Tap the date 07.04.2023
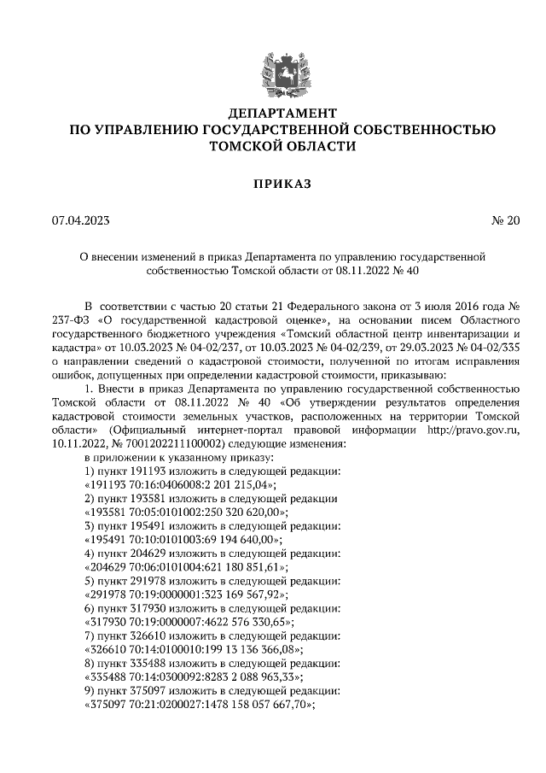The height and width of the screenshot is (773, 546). pyautogui.click(x=81, y=221)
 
